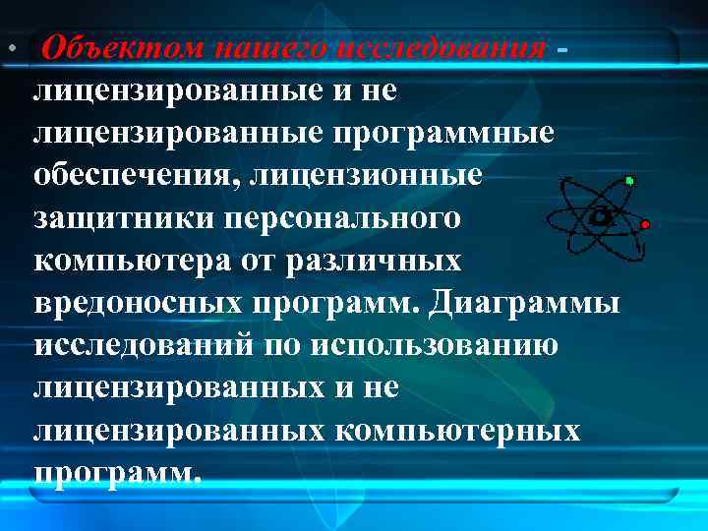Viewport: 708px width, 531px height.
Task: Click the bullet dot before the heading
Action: tap(10, 49)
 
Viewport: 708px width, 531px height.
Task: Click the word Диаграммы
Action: tap(524, 303)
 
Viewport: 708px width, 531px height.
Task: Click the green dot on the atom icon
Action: tap(629, 181)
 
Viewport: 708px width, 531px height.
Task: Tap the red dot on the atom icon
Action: tap(645, 224)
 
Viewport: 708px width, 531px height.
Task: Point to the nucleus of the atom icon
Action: tap(597, 215)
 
